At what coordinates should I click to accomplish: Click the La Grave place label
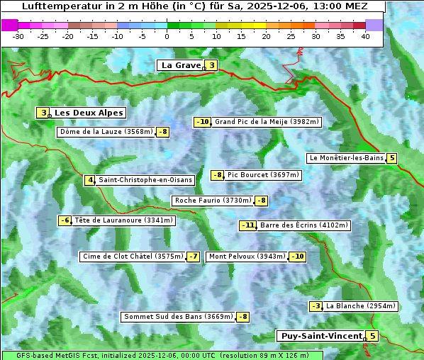(x=180, y=65)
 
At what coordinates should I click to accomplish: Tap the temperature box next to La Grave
(x=211, y=65)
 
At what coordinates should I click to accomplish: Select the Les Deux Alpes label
(x=89, y=113)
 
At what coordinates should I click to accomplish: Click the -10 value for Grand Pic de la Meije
(x=203, y=122)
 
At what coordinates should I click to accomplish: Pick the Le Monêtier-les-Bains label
(x=345, y=158)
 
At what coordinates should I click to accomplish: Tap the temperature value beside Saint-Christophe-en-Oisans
(x=89, y=180)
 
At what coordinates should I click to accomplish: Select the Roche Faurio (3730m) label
(x=213, y=201)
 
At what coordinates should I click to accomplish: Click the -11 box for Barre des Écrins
(x=247, y=225)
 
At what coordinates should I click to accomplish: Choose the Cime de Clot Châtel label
(x=133, y=257)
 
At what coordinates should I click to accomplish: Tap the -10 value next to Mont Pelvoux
(x=297, y=257)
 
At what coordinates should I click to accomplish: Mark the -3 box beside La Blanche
(x=316, y=306)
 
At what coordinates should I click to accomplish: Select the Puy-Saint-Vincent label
(x=320, y=336)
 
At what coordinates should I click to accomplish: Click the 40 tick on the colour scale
(x=365, y=36)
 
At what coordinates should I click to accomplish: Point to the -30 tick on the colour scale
(x=18, y=36)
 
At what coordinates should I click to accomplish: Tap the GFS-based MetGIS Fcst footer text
(x=58, y=355)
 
